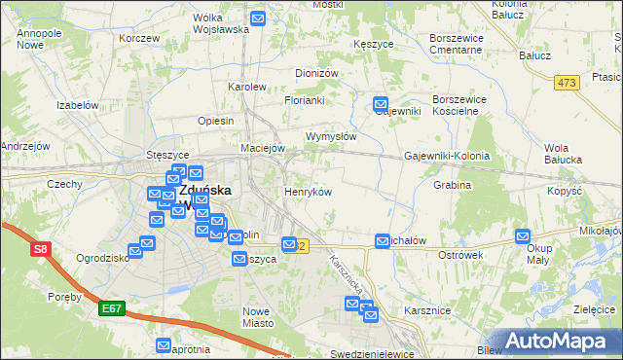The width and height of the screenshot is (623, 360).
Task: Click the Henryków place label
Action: coord(308,192)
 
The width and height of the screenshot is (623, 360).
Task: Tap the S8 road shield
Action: coord(40,250)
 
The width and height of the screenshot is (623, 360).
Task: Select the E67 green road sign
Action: coord(112,308)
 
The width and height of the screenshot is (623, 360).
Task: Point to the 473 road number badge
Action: coord(566,84)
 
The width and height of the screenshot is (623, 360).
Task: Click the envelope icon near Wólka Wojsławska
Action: coord(258,18)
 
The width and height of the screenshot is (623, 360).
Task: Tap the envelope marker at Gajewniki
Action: coord(381,104)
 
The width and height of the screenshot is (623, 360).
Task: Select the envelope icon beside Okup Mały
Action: coord(523,236)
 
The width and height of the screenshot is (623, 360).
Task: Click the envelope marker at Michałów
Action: coord(383,240)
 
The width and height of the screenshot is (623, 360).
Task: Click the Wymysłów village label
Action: coord(331,136)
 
